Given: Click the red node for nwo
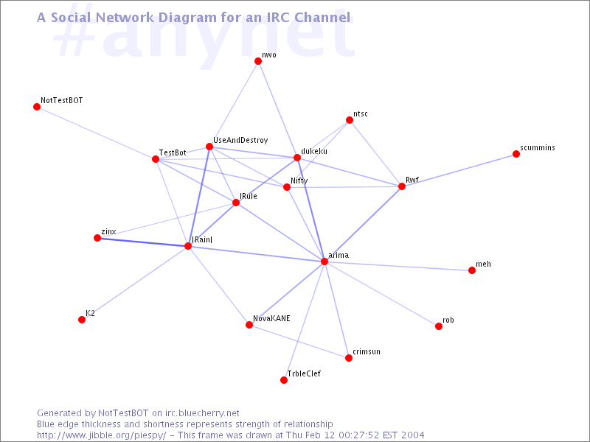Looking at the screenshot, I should [258, 61].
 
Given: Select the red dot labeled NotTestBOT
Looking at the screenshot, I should [37, 107].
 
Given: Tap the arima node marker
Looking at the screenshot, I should [324, 262].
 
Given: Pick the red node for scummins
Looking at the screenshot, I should [516, 154].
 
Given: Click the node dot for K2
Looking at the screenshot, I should [82, 320].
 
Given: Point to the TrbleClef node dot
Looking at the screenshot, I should [284, 380].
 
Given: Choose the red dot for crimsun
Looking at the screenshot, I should [349, 358].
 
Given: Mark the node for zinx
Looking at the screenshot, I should [97, 238].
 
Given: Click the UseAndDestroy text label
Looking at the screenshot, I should [240, 140].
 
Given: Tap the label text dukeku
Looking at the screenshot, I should [314, 151].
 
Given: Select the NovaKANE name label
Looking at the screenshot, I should [271, 319].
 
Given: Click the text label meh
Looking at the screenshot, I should [483, 264].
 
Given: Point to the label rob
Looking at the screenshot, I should [448, 320].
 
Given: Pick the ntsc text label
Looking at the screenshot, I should [361, 113].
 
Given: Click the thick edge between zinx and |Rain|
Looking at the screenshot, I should [142, 242].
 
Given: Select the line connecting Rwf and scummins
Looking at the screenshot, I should [459, 170].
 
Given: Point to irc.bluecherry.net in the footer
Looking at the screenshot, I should [202, 413].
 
